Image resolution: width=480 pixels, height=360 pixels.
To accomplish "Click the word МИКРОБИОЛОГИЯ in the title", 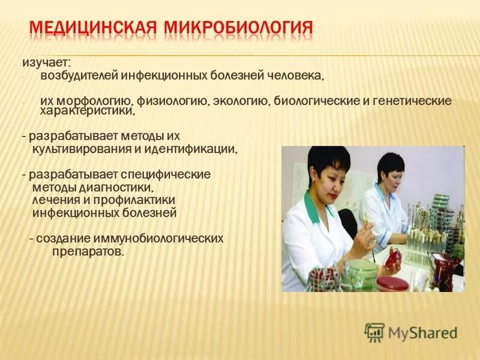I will (x=237, y=28).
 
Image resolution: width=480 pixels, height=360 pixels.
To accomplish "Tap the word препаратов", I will (x=85, y=251).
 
